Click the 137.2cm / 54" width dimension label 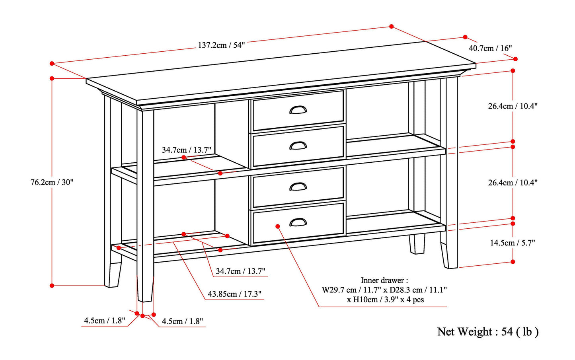221,45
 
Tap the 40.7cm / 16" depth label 490,48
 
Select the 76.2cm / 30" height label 52,183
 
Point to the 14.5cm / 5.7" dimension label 513,243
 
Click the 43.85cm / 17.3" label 234,294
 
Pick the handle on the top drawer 298,109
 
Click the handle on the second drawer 298,146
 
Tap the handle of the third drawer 298,186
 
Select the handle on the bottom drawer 298,222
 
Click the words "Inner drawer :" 384,280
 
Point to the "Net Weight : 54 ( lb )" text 488,332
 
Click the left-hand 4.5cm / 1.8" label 104,320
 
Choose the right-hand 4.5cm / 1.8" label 182,321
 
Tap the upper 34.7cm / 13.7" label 186,150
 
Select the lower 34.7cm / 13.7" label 240,271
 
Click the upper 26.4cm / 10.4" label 513,106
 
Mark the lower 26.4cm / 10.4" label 513,183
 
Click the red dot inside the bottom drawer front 278,226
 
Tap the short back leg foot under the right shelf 417,244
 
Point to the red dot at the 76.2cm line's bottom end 52,285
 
